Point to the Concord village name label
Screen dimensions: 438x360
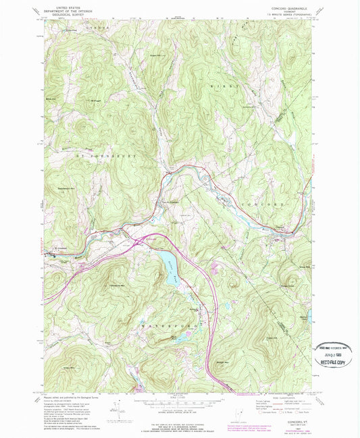(x=277, y=227)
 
